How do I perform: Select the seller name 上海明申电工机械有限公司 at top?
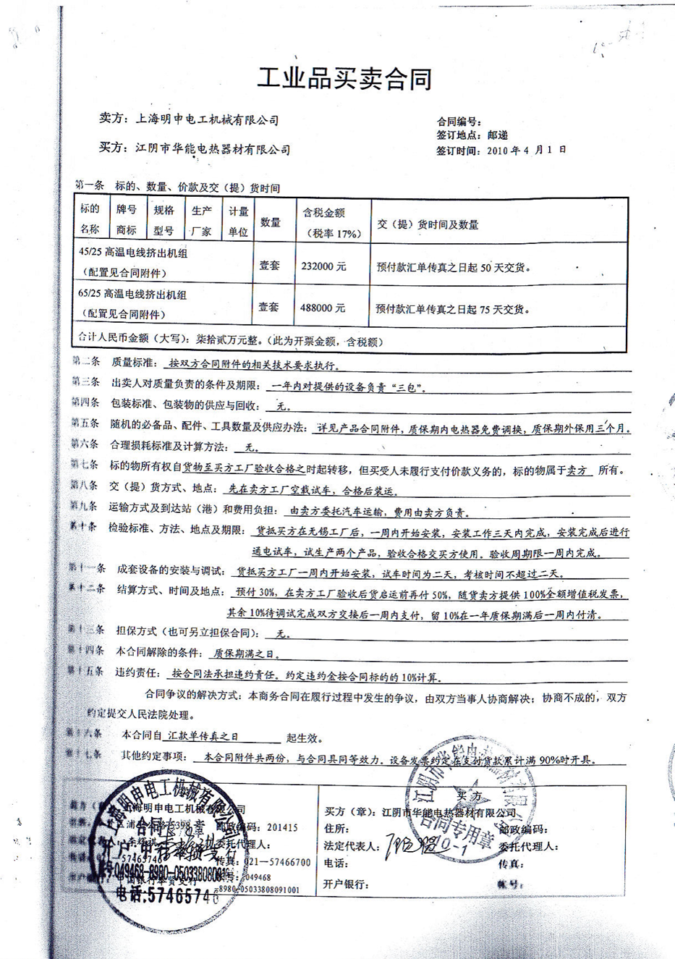click(x=208, y=120)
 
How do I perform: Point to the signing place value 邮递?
click(x=497, y=135)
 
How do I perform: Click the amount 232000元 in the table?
click(x=323, y=266)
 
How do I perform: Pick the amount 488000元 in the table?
click(x=323, y=308)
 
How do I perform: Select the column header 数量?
click(x=270, y=223)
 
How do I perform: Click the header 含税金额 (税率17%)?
click(x=334, y=222)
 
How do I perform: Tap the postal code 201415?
click(x=282, y=827)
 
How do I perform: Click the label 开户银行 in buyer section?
click(x=347, y=883)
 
